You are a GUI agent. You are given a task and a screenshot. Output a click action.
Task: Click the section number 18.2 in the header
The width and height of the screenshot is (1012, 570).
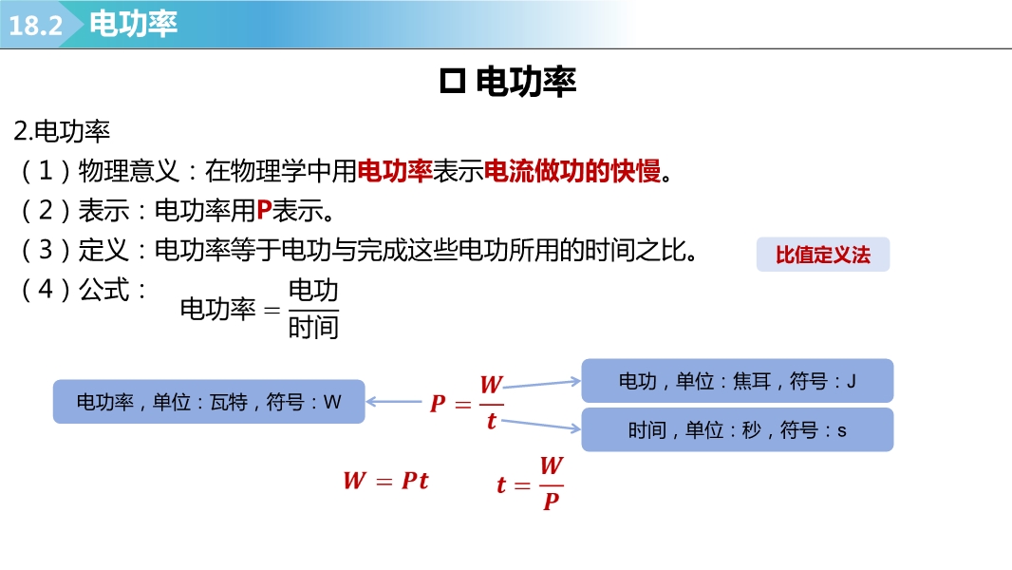pyautogui.click(x=35, y=26)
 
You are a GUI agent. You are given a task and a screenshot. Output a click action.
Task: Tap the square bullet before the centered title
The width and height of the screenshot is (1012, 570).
pyautogui.click(x=453, y=82)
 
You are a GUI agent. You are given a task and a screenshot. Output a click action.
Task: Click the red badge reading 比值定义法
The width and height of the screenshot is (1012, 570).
pyautogui.click(x=823, y=255)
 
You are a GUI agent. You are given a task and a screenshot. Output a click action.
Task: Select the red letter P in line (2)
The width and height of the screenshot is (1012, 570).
pyautogui.click(x=264, y=211)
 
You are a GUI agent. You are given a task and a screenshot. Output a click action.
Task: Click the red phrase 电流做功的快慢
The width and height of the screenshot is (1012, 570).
pyautogui.click(x=572, y=171)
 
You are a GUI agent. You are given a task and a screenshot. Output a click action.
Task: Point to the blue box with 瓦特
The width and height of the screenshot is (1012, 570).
pyautogui.click(x=209, y=402)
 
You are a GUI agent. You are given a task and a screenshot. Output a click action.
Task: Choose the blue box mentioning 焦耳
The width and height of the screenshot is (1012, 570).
pyautogui.click(x=737, y=381)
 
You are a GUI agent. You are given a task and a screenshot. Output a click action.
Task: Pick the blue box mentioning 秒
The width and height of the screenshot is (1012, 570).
pyautogui.click(x=737, y=429)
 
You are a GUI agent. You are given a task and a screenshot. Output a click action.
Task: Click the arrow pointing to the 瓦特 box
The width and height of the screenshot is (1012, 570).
pyautogui.click(x=394, y=402)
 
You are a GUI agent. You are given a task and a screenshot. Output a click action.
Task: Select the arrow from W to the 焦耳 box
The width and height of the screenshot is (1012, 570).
pyautogui.click(x=541, y=384)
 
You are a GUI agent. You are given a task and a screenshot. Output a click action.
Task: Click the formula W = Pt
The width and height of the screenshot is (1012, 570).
pyautogui.click(x=386, y=481)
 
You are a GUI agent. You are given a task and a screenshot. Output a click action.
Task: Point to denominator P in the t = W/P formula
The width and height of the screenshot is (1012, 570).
pyautogui.click(x=552, y=501)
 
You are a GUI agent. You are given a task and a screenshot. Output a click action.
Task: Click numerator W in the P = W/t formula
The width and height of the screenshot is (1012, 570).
pyautogui.click(x=491, y=385)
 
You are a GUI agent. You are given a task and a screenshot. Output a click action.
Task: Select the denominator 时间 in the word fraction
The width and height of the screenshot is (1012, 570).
pyautogui.click(x=313, y=328)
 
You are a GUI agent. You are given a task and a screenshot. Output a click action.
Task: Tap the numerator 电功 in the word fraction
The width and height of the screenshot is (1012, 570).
pyautogui.click(x=313, y=291)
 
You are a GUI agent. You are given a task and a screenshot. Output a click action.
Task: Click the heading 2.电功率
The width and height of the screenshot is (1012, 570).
pyautogui.click(x=62, y=132)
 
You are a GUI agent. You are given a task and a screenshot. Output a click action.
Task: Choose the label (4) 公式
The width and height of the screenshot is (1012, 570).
pyautogui.click(x=84, y=289)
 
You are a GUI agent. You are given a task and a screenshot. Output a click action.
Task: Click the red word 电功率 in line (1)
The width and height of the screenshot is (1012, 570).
pyautogui.click(x=394, y=171)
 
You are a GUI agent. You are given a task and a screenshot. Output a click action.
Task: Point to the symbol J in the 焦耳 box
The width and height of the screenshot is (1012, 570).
pyautogui.click(x=852, y=382)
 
